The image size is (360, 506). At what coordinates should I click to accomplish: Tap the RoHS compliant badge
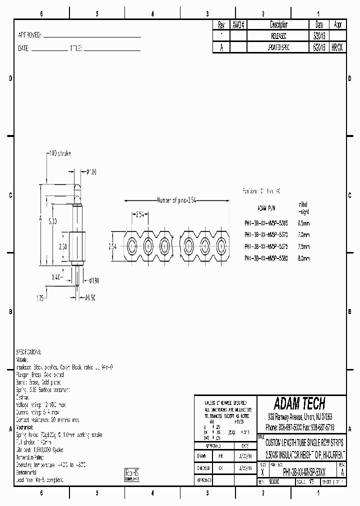point(131,474)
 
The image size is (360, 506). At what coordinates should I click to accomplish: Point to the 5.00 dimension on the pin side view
point(52,220)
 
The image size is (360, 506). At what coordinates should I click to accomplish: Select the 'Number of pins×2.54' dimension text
point(177,200)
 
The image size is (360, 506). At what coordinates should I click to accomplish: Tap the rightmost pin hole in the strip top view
point(221,246)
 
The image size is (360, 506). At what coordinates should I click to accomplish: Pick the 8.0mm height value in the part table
point(303,258)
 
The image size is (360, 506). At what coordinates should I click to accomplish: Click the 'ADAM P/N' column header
point(266,207)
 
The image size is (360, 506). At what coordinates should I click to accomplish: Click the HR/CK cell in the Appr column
point(337,47)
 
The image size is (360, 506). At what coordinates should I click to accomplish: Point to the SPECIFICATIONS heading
point(29,352)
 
